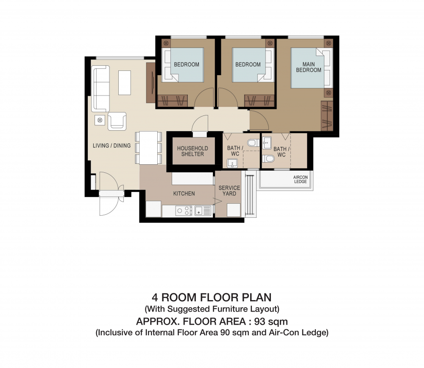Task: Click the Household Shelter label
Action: point(192,151)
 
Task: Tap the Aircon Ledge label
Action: point(301,179)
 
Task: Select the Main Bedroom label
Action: point(309,67)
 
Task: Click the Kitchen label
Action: point(184,194)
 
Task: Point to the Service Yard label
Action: point(229,191)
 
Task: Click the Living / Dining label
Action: point(112,146)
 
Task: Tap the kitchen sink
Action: point(203,211)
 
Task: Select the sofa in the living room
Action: point(100,89)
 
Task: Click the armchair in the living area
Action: point(117,121)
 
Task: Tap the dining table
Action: point(148,148)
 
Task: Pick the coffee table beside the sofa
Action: point(125,83)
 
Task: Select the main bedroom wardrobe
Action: point(327,115)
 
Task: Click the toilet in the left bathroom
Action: point(254,143)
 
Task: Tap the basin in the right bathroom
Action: point(267,143)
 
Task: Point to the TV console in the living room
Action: point(151,83)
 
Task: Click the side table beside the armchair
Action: point(100,120)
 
